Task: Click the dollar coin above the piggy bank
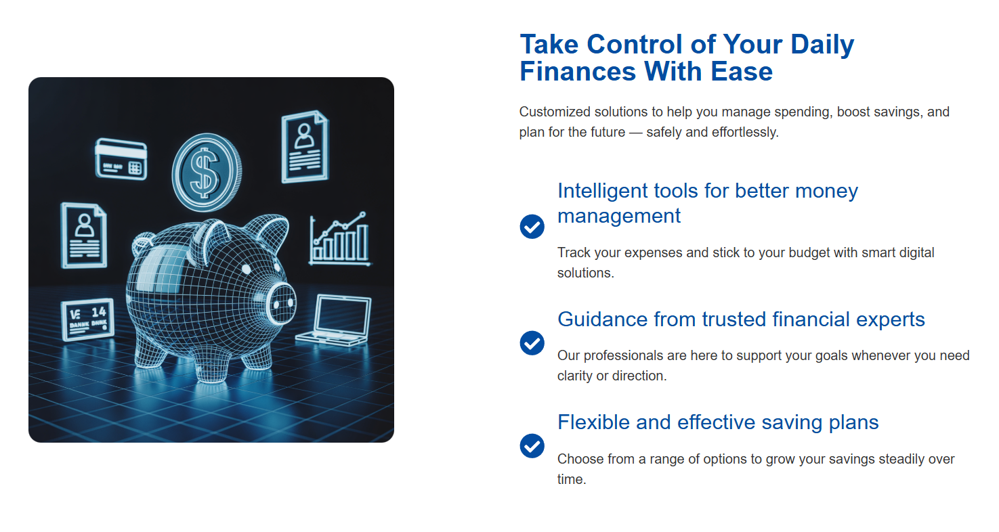click(207, 173)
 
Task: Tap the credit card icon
click(121, 159)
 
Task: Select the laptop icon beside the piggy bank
click(335, 320)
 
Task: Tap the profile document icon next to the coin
click(305, 147)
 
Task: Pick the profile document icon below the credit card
click(84, 236)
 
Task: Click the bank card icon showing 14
click(87, 319)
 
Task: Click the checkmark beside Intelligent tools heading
click(532, 227)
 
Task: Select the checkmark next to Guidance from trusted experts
click(532, 343)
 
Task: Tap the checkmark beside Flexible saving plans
click(532, 446)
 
